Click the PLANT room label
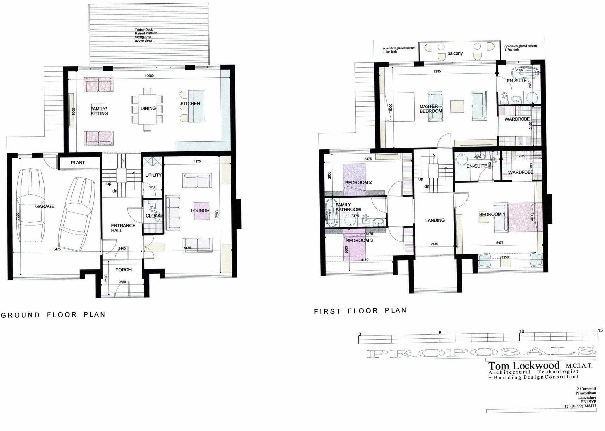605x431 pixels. (78, 163)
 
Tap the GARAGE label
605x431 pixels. (45, 206)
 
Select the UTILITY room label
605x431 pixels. (153, 175)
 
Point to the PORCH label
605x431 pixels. (123, 270)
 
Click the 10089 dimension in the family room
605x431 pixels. (149, 76)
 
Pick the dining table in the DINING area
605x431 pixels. (147, 109)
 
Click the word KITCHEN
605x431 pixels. (190, 104)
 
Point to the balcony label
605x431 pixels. (455, 53)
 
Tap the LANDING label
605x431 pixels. (435, 220)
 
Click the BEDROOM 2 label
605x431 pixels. (358, 183)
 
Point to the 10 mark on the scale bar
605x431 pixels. (521, 331)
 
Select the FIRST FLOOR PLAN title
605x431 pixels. (360, 311)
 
